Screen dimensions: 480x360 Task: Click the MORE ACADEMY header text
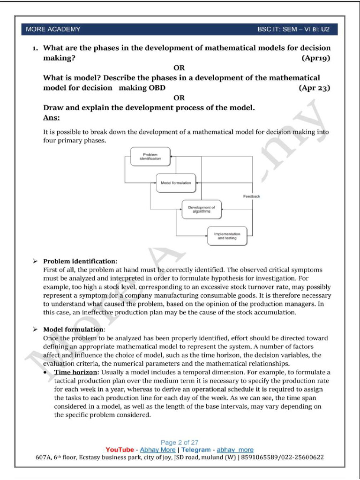53,29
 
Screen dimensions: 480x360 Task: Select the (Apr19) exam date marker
316,58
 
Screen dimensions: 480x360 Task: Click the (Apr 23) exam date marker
315,88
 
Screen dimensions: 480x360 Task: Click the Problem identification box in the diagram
150,157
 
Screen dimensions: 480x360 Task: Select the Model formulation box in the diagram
176,183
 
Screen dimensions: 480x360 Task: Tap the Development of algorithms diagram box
201,209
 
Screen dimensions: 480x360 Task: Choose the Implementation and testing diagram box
227,236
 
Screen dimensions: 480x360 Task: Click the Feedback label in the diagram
251,196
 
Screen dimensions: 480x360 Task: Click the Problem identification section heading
80,261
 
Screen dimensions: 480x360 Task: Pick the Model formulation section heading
74,330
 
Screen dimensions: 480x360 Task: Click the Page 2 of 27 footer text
180,442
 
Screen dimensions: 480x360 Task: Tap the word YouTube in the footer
120,450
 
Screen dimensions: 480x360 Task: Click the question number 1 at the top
35,48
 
